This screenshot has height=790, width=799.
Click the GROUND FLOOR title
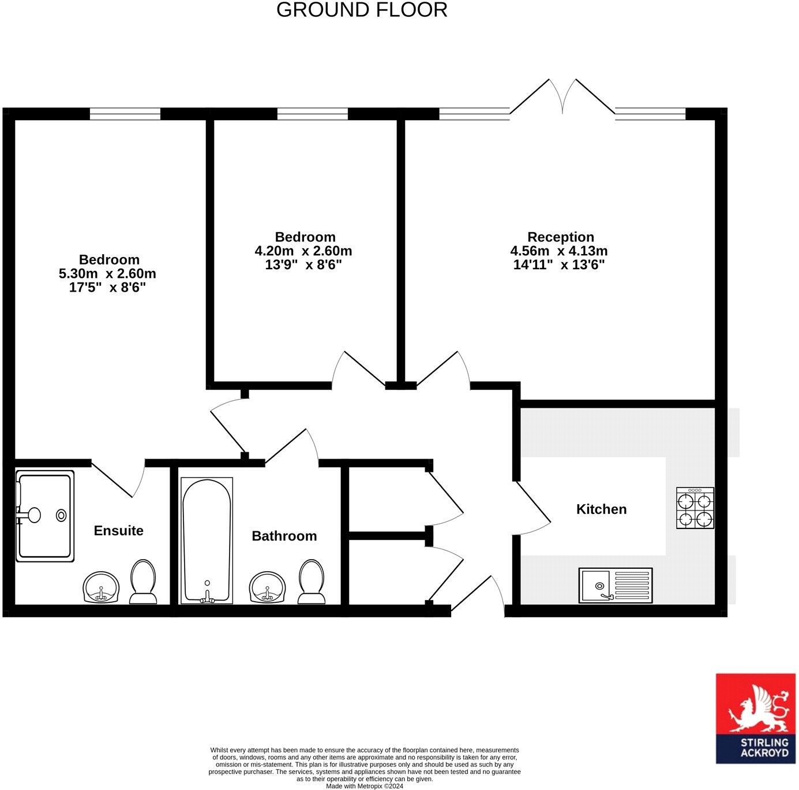362,10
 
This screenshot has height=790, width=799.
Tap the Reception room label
560,237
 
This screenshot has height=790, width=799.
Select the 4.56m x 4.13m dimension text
558,251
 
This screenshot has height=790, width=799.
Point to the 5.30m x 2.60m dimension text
107,273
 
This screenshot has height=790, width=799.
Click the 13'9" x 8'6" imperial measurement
303,265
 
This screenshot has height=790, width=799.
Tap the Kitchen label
601,509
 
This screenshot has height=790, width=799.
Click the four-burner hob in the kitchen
695,508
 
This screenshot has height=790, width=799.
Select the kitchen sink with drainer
616,586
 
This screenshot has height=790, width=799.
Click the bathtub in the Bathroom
207,540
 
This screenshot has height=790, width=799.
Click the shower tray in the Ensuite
45,516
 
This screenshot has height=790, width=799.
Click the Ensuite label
118,530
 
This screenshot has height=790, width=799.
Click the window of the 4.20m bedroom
312,114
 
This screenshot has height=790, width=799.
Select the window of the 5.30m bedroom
125,114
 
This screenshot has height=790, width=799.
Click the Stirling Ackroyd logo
755,718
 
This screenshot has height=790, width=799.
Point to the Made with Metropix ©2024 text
364,786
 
